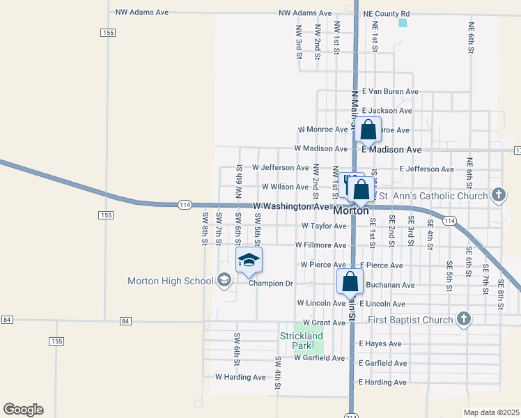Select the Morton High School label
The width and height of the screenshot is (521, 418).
[170, 281]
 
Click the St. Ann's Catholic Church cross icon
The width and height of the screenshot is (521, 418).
[499, 196]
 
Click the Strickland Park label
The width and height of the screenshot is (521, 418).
[302, 340]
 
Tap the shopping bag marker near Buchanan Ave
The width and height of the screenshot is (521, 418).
[350, 282]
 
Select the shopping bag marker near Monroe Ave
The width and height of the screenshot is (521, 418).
[368, 130]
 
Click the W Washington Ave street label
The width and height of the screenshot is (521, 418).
[290, 207]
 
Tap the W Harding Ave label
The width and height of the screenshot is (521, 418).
[240, 377]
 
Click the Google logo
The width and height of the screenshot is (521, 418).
[24, 410]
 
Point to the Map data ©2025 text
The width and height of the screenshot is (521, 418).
[491, 412]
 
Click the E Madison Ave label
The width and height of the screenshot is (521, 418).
[391, 150]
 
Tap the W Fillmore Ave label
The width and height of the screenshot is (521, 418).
[320, 245]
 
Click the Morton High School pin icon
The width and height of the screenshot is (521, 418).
[224, 281]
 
